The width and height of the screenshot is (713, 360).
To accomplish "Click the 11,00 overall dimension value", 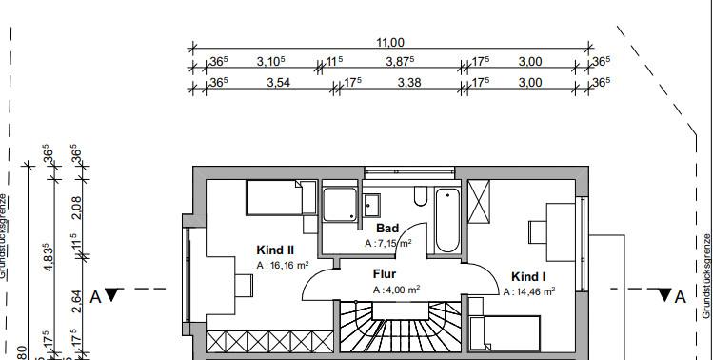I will coord(390,43).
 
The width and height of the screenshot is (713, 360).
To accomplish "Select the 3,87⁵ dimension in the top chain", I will coord(400,62).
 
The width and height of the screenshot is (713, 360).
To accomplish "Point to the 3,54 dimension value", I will coord(278,83).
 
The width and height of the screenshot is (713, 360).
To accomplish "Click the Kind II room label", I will coord(275,250).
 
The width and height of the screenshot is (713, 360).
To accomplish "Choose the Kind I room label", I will coord(530,276).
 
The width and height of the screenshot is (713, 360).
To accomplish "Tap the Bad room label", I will coord(387,229).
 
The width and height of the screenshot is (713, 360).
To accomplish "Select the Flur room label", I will coord(384,273).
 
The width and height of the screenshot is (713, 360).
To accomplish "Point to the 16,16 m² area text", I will coord(283,266).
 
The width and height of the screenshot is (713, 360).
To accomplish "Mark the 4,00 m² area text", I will coord(396,290).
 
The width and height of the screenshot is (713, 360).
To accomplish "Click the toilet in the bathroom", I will coord(420,197).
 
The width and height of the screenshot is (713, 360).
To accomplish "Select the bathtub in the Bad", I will coord(446,221).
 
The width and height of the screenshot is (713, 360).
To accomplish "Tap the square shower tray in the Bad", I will coord(339,204).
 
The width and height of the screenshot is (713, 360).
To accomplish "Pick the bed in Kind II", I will coord(281,197).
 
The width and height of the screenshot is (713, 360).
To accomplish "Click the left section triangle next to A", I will coord(112,296).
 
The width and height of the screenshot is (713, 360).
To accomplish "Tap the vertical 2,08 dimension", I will coord(76,207).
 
